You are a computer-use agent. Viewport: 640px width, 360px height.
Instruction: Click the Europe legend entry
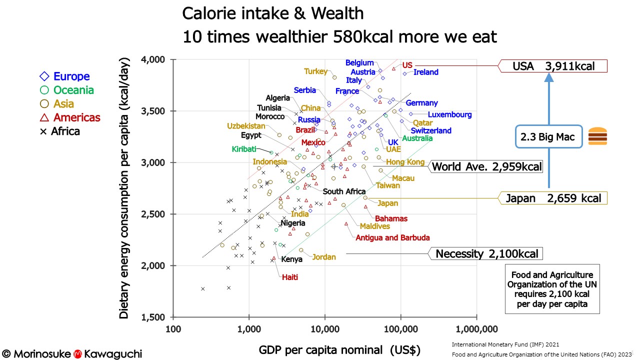coord(65,76)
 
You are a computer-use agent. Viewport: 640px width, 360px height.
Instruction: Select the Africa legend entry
coord(59,131)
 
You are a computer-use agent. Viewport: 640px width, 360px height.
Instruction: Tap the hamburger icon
coord(597,136)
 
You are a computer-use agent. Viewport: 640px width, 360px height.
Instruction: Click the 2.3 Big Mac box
coord(549,136)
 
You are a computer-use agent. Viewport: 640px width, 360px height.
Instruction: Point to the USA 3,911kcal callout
coord(553,66)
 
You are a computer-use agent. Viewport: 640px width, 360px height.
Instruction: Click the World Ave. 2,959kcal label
coord(486,166)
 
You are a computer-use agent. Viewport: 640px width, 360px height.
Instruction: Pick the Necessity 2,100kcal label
coord(486,253)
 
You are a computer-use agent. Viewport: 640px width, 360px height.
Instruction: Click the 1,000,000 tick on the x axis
coord(476,328)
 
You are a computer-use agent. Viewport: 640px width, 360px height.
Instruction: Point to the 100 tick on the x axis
coord(173,328)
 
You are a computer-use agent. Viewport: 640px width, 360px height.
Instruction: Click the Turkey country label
coord(315,71)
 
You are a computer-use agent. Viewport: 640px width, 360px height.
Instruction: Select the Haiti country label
coord(290,277)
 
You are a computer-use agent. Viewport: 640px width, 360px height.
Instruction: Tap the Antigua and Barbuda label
coord(392,238)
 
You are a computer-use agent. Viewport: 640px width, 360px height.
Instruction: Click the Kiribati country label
coord(244,149)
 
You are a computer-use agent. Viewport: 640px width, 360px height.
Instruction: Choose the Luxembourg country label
coord(449,114)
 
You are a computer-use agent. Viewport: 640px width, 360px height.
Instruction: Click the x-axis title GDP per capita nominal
coord(339,349)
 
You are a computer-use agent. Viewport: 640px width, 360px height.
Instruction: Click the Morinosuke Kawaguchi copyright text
coord(72,353)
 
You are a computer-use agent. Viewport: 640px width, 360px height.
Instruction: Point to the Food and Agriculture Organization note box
coord(552,289)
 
